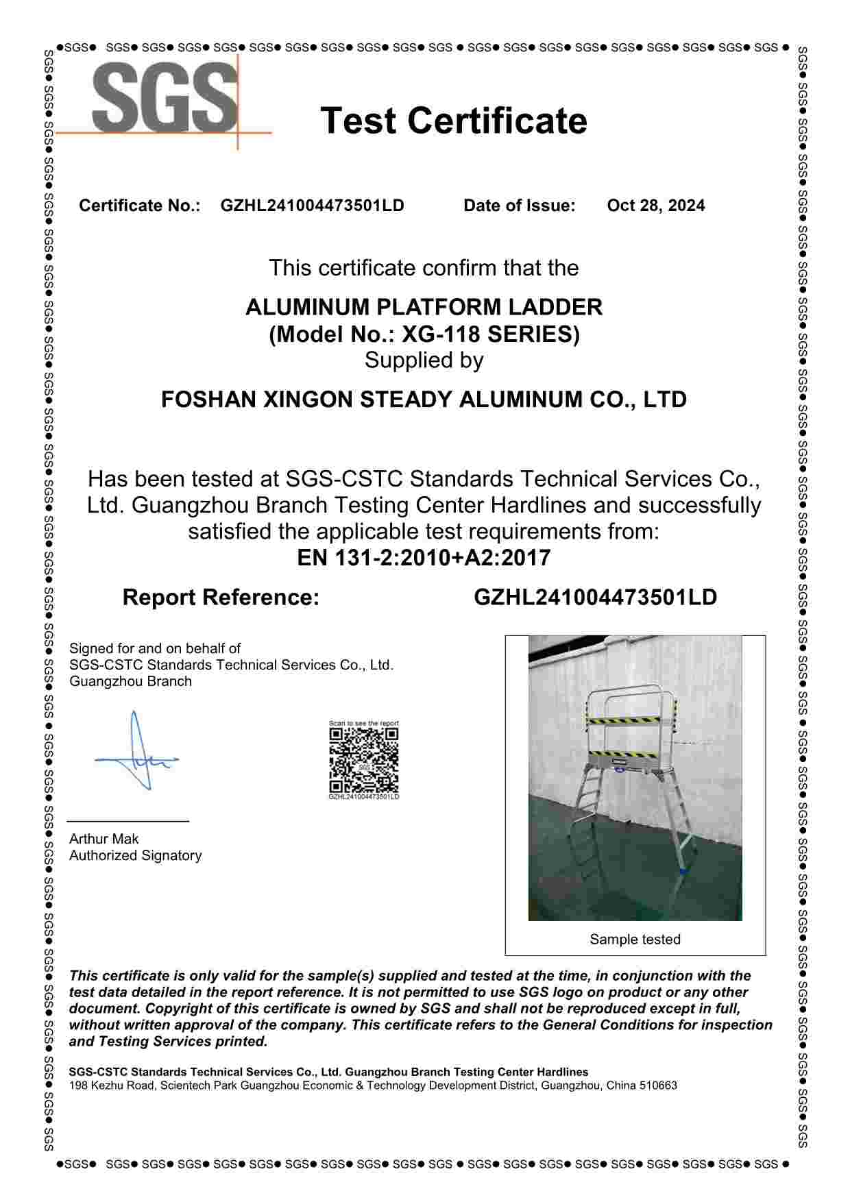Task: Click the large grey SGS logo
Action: pos(165,97)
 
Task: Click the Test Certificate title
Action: pos(454,121)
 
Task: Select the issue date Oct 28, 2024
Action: pos(655,206)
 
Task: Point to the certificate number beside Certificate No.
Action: pos(312,206)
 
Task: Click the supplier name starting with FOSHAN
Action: pos(424,400)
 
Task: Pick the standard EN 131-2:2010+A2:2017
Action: pos(424,558)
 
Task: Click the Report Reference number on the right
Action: pos(595,598)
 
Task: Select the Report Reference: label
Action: pos(221,598)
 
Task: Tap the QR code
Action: pos(363,759)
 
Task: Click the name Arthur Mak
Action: pos(104,839)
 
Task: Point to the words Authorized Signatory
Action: pos(135,855)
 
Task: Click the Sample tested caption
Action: pos(635,940)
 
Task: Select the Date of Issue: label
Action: pos(519,206)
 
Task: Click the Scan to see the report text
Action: pos(363,723)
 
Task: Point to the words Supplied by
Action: pos(424,360)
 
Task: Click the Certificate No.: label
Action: pos(139,206)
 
